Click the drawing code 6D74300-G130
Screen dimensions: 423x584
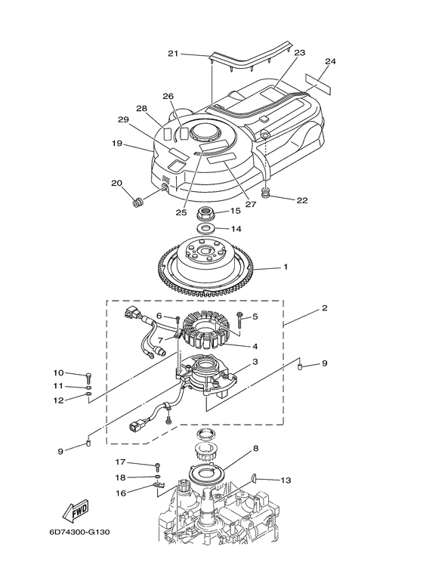(x=79, y=532)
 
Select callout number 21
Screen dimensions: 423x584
(x=173, y=54)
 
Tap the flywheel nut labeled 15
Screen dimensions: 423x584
(x=206, y=214)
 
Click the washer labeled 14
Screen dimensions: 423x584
(x=205, y=227)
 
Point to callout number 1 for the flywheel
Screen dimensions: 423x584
(x=286, y=267)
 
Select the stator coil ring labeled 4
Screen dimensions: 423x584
(x=207, y=329)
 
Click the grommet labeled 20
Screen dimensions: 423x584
(x=138, y=203)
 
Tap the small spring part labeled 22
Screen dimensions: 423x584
(x=266, y=193)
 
